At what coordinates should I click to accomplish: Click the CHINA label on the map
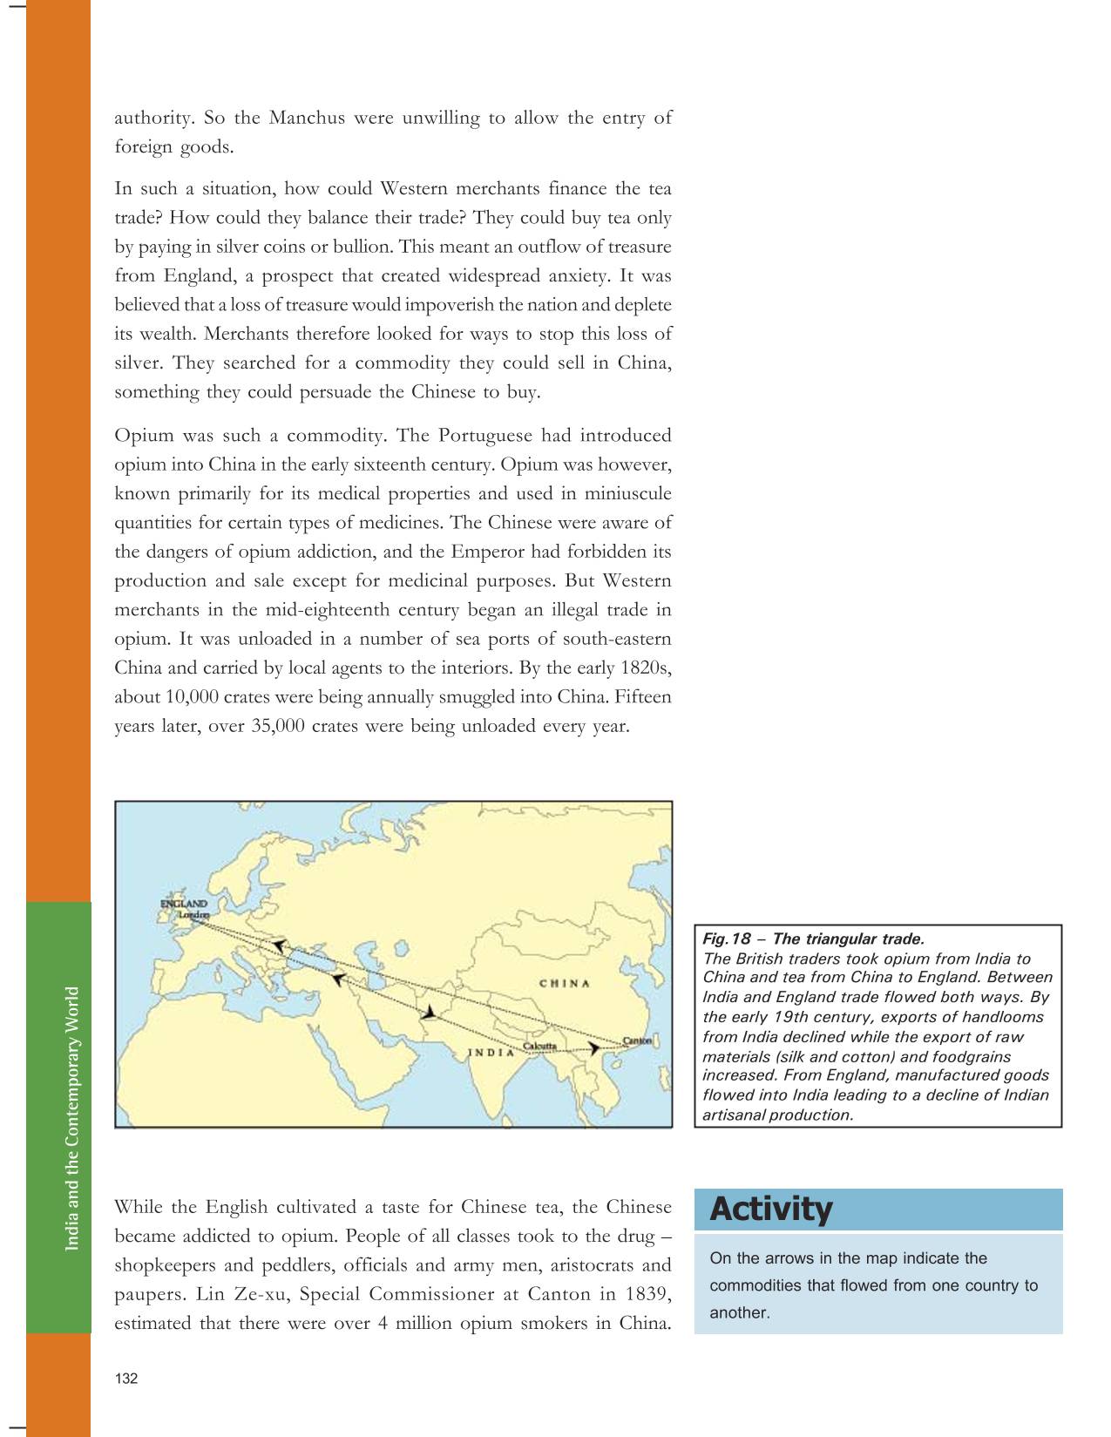coord(565,984)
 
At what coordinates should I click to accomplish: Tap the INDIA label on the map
coord(491,1052)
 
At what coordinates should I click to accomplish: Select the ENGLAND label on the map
coord(183,904)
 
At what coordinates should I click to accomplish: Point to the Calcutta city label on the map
coord(539,1045)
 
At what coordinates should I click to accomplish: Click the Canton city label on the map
coord(638,1040)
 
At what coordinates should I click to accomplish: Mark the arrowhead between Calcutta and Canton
coord(594,1049)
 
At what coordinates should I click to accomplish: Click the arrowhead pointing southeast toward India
coord(430,1013)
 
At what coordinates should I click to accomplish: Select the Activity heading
coord(770,1210)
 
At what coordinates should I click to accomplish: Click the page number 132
coord(126,1379)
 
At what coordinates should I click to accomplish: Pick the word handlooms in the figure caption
coord(1003,1017)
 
